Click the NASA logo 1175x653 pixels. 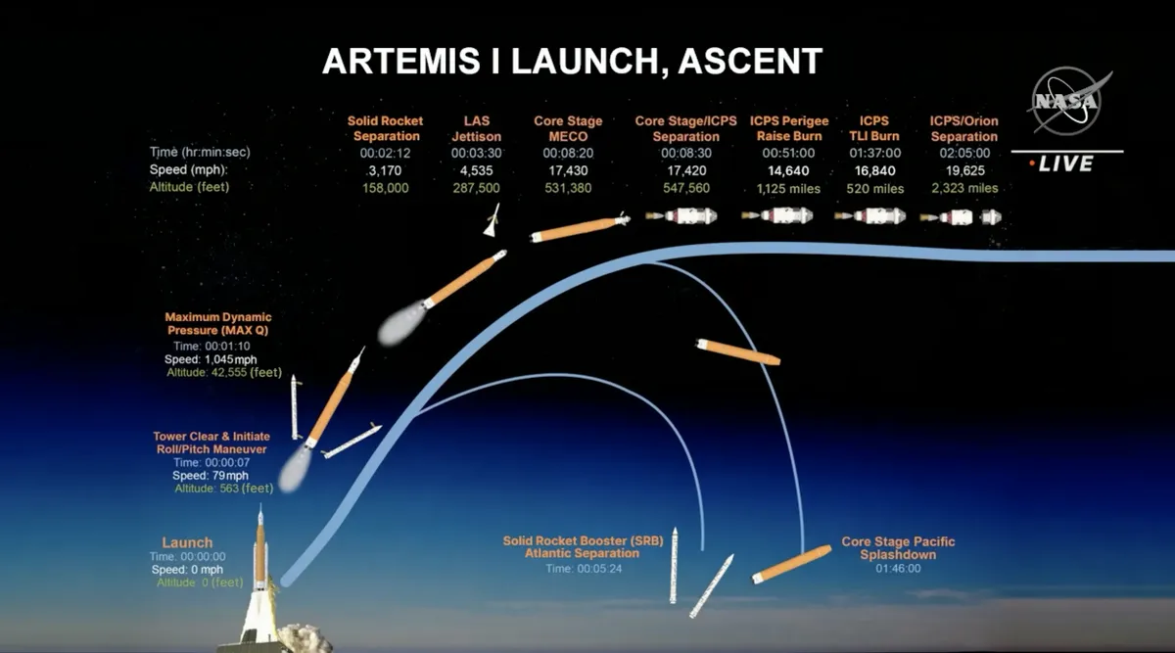click(x=1068, y=101)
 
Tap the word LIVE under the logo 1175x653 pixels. click(x=1066, y=163)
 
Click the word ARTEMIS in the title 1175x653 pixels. click(x=400, y=62)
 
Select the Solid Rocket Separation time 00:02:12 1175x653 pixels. click(x=385, y=153)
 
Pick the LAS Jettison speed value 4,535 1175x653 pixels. click(x=476, y=170)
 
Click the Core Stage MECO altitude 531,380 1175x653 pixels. click(x=568, y=188)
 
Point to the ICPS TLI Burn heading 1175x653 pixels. click(x=873, y=128)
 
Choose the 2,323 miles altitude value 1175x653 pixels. click(x=964, y=188)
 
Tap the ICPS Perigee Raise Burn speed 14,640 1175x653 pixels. click(x=788, y=170)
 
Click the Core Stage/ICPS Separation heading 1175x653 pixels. click(x=685, y=128)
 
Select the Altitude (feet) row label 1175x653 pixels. click(x=189, y=187)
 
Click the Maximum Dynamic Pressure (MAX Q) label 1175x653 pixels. click(x=218, y=324)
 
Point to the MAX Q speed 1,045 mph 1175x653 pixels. click(x=211, y=359)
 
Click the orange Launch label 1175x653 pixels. click(x=187, y=542)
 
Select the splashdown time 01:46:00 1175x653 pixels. click(x=898, y=568)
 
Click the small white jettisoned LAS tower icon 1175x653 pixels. click(x=492, y=220)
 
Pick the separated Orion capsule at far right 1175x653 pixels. click(x=991, y=217)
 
